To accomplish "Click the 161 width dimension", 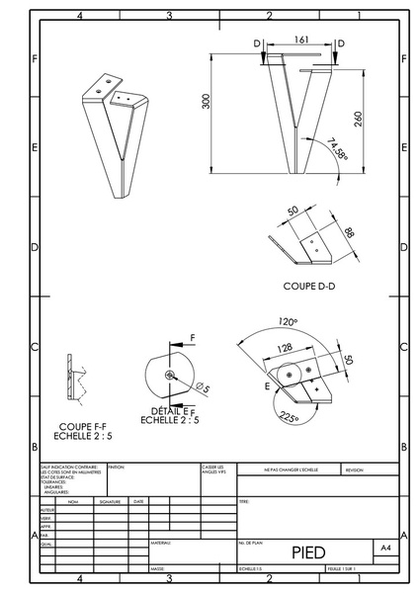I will [299, 39].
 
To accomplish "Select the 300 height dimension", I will [207, 104].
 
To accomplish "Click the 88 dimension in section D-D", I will [349, 232].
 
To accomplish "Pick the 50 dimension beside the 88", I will [293, 212].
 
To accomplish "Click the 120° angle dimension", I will [289, 321].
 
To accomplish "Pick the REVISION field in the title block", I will [354, 470].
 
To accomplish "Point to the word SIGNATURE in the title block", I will [110, 501].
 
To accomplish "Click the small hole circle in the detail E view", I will [170, 375].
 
